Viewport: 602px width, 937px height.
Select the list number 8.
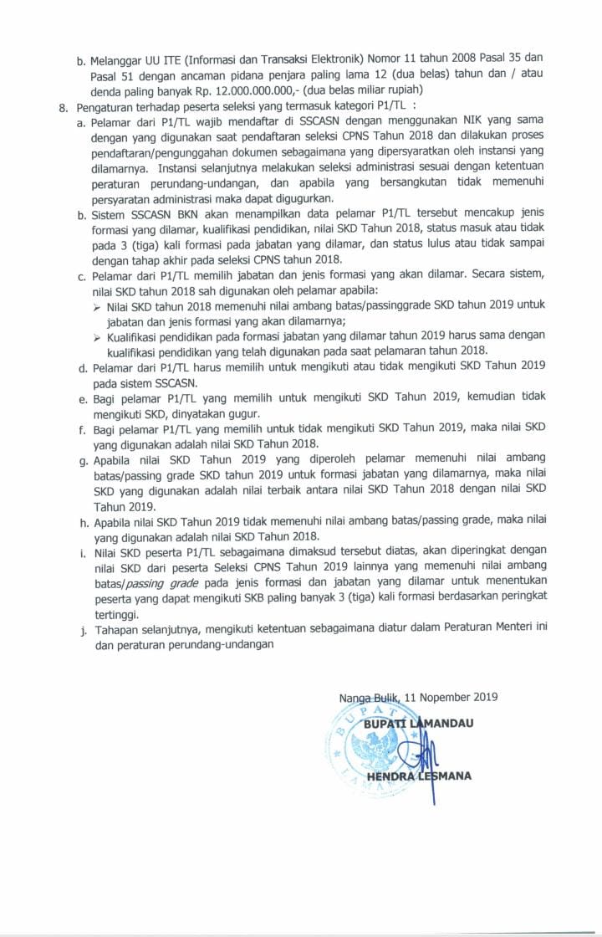[x=62, y=106]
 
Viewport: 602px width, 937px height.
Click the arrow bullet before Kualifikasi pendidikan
[x=97, y=336]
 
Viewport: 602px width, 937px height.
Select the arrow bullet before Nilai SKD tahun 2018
[x=97, y=305]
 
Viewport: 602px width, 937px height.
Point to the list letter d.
[x=81, y=367]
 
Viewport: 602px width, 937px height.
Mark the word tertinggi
[x=116, y=614]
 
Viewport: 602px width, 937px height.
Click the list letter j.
[x=82, y=631]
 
